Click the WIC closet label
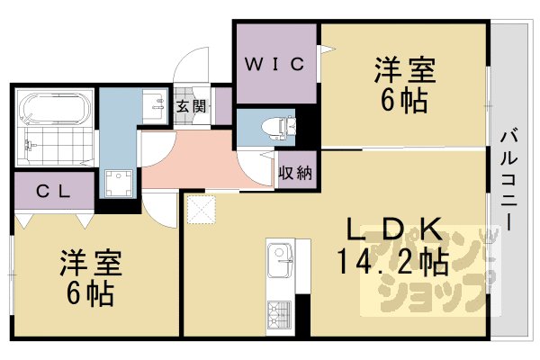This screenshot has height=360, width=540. [274, 64]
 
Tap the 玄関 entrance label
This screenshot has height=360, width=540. [190, 106]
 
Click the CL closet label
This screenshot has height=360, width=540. [53, 191]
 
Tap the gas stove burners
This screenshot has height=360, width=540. [277, 315]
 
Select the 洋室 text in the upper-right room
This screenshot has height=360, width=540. [404, 69]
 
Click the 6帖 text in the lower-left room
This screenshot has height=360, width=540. [89, 293]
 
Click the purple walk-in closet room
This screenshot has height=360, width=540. [274, 81]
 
